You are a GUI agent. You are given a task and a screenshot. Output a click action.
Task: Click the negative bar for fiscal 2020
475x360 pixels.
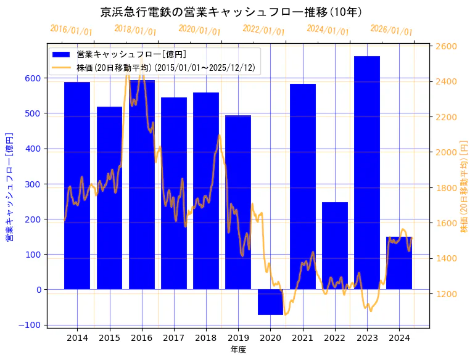[x=270, y=302]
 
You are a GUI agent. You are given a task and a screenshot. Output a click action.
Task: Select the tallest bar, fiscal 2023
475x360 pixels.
[x=367, y=173]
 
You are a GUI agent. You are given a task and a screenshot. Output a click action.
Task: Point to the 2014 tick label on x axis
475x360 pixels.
[x=77, y=338]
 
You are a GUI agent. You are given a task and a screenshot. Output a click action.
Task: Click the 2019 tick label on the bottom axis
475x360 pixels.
[x=238, y=338]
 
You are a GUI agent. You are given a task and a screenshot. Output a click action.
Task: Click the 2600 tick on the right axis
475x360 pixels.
[x=446, y=46]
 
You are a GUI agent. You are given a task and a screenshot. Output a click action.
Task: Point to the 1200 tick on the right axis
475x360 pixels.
[x=446, y=294]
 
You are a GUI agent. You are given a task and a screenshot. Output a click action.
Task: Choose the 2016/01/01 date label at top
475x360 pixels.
[x=72, y=30]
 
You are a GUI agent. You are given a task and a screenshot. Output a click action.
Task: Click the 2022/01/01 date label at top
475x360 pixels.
[x=264, y=30]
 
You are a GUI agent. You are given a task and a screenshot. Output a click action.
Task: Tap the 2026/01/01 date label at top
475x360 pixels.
[x=392, y=30]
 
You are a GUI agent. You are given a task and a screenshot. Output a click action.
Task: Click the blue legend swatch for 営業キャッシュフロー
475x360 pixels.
[x=62, y=55]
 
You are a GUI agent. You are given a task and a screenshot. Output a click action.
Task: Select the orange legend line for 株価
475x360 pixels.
[x=62, y=68]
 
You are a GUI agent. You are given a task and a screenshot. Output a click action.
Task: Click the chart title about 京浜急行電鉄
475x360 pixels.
[x=231, y=12]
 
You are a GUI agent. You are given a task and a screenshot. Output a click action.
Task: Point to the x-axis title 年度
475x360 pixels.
[x=238, y=350]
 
